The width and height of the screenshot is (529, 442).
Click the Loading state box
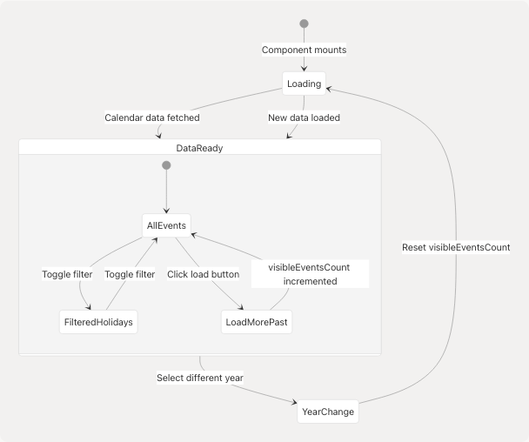click(x=304, y=84)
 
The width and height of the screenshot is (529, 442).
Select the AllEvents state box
click(x=166, y=224)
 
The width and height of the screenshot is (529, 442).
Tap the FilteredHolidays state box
click(x=97, y=322)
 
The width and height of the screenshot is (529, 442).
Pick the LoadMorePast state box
click(x=256, y=322)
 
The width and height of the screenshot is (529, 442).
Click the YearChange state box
click(x=327, y=412)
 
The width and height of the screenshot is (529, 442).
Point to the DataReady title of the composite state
click(x=199, y=148)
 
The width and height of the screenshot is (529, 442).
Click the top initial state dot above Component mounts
click(x=304, y=23)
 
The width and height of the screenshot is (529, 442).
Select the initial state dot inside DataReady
click(x=166, y=165)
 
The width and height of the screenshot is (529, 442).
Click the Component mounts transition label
click(x=304, y=50)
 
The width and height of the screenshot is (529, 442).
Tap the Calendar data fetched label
click(x=152, y=117)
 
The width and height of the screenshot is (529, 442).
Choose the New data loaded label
click(x=304, y=117)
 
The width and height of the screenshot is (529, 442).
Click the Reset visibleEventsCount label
click(x=456, y=247)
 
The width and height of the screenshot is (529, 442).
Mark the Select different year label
click(x=199, y=378)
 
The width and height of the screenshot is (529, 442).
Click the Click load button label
click(x=203, y=274)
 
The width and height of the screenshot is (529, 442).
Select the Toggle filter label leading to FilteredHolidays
click(x=67, y=274)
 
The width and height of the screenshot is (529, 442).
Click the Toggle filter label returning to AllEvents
click(x=130, y=274)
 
